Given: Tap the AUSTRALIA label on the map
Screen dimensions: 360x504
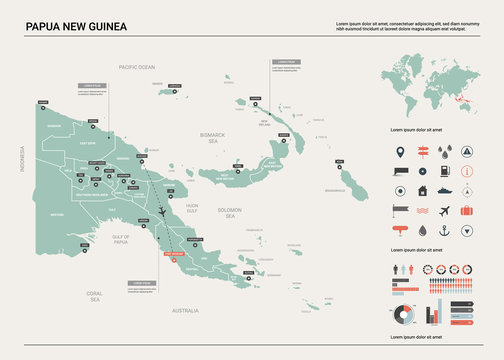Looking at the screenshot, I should (x=186, y=311).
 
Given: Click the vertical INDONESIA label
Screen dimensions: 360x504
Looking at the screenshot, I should (x=20, y=158).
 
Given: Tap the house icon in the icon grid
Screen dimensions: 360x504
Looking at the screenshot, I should (x=421, y=191).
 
